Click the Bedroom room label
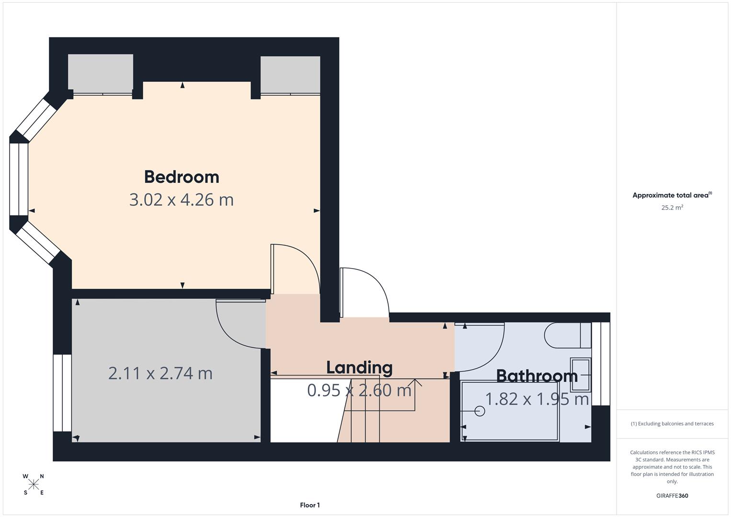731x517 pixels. pyautogui.click(x=181, y=177)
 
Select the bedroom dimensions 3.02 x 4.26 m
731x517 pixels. pyautogui.click(x=181, y=200)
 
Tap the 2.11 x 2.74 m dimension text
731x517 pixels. pyautogui.click(x=160, y=373)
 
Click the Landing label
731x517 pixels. pyautogui.click(x=359, y=368)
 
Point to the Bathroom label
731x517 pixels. pyautogui.click(x=537, y=376)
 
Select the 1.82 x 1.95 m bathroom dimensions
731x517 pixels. pyautogui.click(x=537, y=399)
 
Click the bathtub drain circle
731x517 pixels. pyautogui.click(x=480, y=411)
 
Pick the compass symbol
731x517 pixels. pyautogui.click(x=34, y=484)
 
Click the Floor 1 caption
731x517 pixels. pyautogui.click(x=310, y=505)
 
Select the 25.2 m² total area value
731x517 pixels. pyautogui.click(x=672, y=208)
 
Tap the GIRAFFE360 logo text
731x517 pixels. pyautogui.click(x=672, y=495)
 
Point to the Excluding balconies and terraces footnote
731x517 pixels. pyautogui.click(x=672, y=424)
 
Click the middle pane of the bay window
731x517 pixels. pyautogui.click(x=19, y=180)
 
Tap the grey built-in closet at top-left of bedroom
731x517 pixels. pyautogui.click(x=101, y=73)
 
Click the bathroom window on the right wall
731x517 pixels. pyautogui.click(x=601, y=364)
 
